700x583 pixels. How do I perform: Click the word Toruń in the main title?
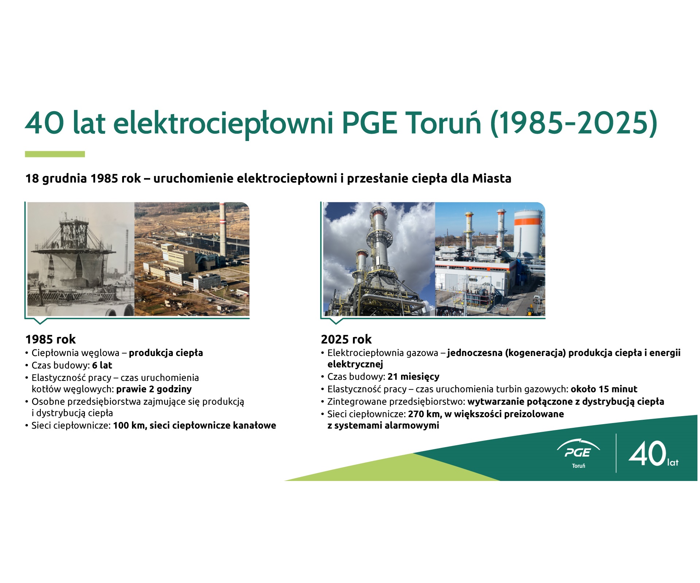tap(443, 123)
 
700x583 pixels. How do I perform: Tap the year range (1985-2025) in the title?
tap(574, 124)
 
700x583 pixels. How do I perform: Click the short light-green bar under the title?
tap(55, 154)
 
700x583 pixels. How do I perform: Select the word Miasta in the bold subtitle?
tap(492, 179)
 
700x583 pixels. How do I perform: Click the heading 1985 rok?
tap(50, 339)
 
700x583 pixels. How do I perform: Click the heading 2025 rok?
tap(346, 339)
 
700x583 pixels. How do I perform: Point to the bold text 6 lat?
tap(102, 365)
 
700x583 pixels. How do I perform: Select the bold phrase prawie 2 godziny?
tap(154, 389)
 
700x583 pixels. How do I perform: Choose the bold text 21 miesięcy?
tap(413, 376)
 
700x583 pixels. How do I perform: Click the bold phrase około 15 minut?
tap(604, 389)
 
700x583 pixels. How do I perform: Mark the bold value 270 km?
tap(424, 414)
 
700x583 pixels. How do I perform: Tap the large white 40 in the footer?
tap(647, 453)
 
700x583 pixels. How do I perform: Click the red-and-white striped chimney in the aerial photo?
tap(222, 230)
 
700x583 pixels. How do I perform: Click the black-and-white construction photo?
tap(81, 259)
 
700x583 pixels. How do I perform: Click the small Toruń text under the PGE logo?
tap(579, 466)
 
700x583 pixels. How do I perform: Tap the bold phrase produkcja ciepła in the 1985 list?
tap(166, 353)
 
